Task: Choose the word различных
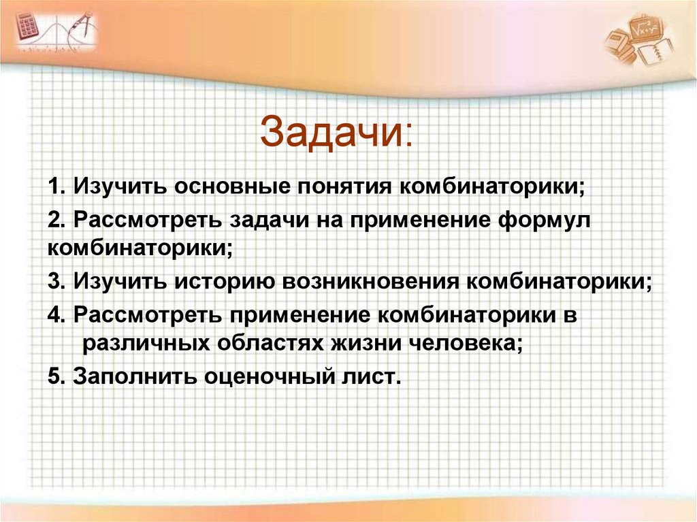click(145, 343)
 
